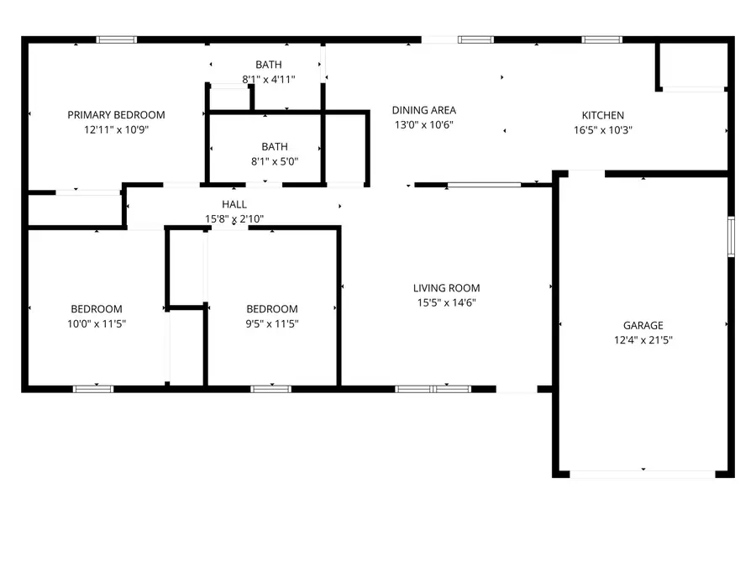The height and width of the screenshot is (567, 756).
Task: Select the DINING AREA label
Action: (424, 110)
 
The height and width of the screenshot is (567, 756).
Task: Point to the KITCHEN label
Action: (603, 116)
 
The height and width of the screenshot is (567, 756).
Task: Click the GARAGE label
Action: (643, 326)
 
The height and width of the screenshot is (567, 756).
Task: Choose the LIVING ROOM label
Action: (446, 288)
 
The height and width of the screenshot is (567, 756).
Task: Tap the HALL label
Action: (234, 204)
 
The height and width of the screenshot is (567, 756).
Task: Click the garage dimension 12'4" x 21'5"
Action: (643, 340)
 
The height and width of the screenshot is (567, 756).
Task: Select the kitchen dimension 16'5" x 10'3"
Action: (603, 130)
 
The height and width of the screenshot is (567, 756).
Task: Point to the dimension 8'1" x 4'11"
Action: (268, 79)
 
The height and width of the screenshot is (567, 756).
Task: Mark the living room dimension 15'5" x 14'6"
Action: (446, 302)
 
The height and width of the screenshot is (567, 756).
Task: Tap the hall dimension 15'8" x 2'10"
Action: (234, 218)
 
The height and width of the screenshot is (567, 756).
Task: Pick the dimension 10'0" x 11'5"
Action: (96, 323)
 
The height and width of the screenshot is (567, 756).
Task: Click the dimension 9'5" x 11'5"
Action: (271, 323)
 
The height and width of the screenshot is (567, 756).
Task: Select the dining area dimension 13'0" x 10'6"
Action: (424, 124)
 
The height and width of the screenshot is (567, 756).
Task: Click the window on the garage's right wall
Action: (731, 236)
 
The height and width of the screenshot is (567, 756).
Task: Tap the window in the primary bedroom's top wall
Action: (117, 39)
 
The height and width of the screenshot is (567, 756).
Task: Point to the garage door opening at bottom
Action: (643, 474)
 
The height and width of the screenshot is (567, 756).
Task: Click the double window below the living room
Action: (433, 388)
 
